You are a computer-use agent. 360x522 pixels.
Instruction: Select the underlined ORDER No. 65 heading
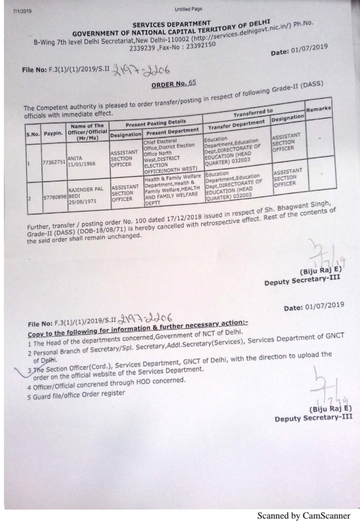click(x=173, y=84)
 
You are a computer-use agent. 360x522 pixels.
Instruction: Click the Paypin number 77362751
click(x=54, y=162)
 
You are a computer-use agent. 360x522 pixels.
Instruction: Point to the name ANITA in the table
click(x=75, y=158)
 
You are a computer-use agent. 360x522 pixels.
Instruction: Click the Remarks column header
click(x=318, y=109)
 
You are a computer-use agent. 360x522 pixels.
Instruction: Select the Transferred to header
click(x=253, y=112)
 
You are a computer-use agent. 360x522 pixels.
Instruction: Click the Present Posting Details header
click(x=156, y=122)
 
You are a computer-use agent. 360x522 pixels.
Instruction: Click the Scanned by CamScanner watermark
click(x=303, y=516)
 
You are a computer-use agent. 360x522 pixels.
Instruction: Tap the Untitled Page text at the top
click(x=188, y=9)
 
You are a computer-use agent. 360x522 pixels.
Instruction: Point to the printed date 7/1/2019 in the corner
click(x=22, y=11)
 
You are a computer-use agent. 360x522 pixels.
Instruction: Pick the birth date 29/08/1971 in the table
click(x=82, y=201)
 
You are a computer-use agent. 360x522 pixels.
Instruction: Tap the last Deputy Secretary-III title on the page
click(x=313, y=418)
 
